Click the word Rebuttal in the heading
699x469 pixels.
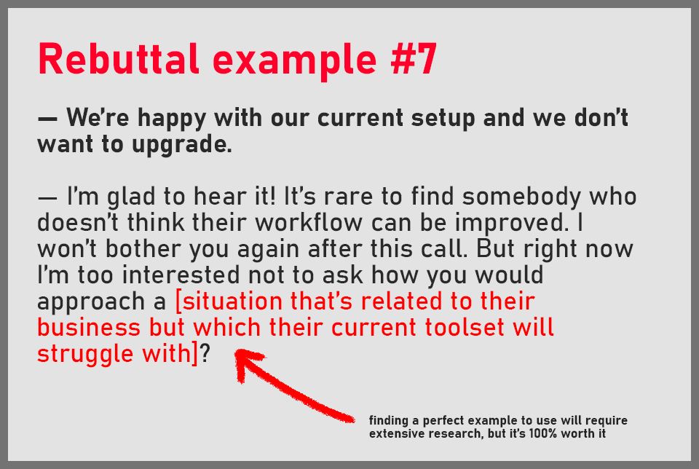[118, 59]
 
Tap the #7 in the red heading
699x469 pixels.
[414, 59]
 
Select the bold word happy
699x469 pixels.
[172, 119]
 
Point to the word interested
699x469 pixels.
[181, 275]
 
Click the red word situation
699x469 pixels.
[233, 301]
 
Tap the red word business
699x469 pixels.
[89, 327]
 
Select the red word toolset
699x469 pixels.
[464, 327]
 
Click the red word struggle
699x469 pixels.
[85, 355]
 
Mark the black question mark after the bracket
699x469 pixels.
[205, 354]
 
